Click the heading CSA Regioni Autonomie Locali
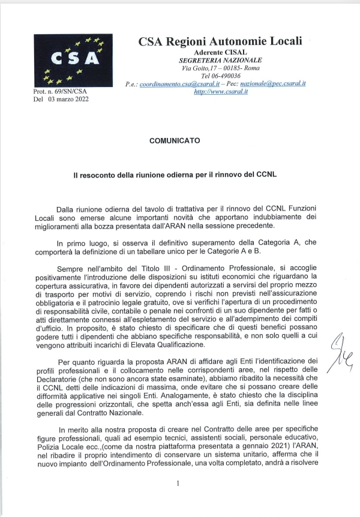pos(220,42)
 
